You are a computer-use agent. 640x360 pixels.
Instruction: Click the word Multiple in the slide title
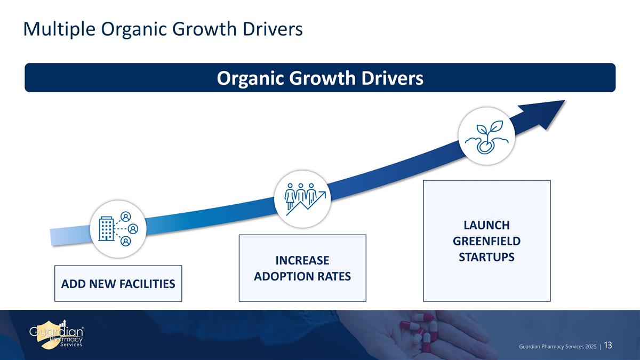59,29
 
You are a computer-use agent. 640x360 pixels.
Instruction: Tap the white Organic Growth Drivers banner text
320,78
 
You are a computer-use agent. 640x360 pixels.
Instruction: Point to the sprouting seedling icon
487,137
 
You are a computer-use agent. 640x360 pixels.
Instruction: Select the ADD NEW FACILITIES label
118,284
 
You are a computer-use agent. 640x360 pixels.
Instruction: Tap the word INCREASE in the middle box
302,260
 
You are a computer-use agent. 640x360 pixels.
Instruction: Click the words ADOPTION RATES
302,276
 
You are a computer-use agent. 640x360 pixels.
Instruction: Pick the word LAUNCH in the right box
486,225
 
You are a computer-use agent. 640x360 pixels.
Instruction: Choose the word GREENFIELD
486,241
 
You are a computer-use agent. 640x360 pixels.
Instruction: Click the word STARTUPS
486,257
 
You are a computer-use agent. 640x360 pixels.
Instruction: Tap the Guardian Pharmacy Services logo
57,335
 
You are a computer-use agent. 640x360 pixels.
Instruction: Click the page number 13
609,346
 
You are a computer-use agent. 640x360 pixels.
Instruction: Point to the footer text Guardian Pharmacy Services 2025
558,347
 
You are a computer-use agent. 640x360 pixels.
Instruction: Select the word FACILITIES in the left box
147,284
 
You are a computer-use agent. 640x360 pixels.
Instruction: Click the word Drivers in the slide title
273,29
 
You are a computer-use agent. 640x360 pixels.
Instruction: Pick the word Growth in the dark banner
322,78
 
